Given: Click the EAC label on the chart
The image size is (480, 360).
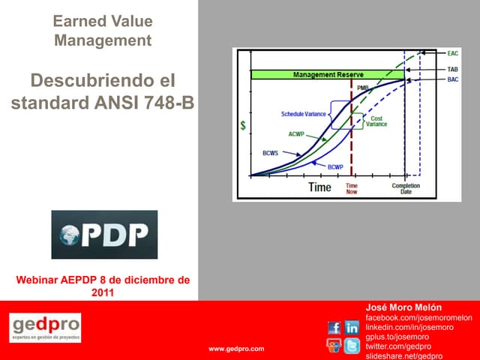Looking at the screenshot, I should coord(452,53).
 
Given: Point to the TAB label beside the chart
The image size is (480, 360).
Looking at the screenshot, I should coord(452,69).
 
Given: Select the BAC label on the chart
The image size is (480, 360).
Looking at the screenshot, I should coord(452,79).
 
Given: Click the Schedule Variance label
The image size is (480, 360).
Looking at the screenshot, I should coord(304,114).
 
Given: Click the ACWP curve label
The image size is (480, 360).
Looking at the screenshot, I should coord(296,134).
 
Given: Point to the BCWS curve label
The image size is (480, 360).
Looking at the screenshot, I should coord(271,153).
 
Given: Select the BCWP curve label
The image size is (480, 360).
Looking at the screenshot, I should coord(335,166).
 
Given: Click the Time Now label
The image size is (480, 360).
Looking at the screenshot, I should coord(351,188).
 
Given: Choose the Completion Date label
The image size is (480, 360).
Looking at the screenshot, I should coord(406,188).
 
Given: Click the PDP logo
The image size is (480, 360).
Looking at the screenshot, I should coord(104,235).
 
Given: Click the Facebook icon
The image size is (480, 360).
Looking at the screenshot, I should coord(334,328).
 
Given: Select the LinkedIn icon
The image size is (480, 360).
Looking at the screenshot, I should coord(352,328).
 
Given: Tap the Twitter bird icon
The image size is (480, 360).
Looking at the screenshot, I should coord(352,346).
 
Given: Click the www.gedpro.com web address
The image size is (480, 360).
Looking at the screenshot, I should coord(236,349).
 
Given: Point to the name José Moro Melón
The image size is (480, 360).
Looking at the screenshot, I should coord(403,307).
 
